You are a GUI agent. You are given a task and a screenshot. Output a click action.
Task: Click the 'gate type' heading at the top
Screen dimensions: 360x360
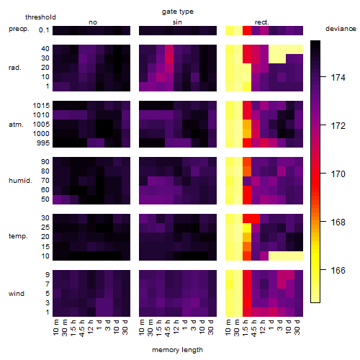[178, 12]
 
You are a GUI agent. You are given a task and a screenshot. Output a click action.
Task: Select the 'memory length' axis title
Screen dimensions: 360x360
[177, 350]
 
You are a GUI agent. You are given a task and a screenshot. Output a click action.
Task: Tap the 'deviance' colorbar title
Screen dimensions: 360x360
[341, 29]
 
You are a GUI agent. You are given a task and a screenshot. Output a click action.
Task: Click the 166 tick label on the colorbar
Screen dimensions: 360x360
[338, 271]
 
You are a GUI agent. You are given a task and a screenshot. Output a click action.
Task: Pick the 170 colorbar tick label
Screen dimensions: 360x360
[338, 174]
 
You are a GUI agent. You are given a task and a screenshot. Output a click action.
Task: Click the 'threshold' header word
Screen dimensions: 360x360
[40, 17]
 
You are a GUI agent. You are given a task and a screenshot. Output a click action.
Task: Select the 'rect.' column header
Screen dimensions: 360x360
[261, 22]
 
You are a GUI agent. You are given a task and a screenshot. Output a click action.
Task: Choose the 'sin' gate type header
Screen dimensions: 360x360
[177, 22]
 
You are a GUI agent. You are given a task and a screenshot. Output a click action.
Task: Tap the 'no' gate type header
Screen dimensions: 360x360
[93, 22]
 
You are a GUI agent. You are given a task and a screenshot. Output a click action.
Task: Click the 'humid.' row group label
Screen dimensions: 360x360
[20, 181]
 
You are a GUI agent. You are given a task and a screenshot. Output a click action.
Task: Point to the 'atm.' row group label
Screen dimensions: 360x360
[16, 125]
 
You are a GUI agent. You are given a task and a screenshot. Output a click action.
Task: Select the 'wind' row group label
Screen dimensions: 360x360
[17, 294]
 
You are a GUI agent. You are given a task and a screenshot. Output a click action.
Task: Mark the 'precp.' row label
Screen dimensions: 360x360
[19, 29]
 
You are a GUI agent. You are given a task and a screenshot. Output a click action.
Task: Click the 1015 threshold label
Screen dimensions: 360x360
[41, 106]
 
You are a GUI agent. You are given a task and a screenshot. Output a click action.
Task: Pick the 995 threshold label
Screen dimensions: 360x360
[43, 143]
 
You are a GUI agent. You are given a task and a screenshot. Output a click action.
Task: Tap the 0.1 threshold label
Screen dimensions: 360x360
[44, 30]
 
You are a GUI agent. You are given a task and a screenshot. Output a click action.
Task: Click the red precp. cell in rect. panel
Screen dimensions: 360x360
[247, 30]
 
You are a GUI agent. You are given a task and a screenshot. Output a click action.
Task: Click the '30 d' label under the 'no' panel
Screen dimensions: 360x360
[125, 327]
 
